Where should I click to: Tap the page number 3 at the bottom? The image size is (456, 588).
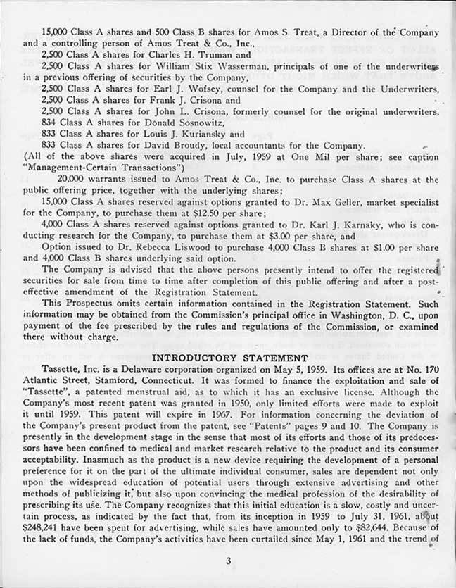pyautogui.click(x=228, y=561)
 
